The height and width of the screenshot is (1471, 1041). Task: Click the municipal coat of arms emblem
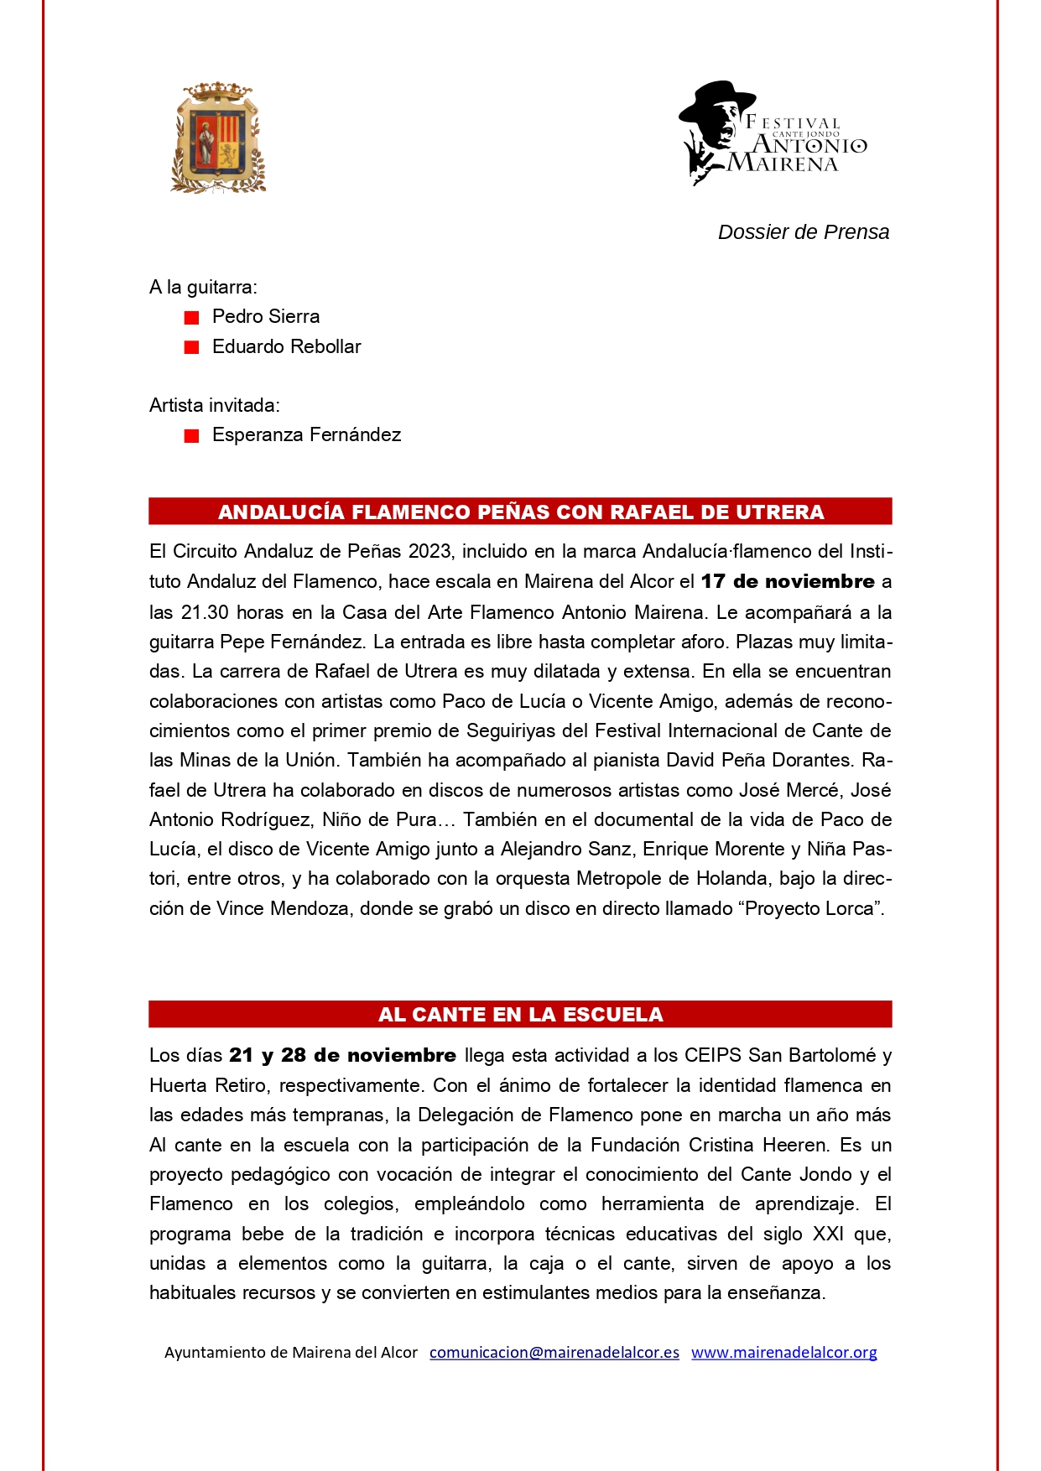tap(218, 138)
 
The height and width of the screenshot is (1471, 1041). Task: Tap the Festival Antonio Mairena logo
tap(772, 134)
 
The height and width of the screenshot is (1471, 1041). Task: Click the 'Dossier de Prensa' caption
tap(803, 232)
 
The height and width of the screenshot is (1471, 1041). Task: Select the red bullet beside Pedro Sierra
tap(192, 318)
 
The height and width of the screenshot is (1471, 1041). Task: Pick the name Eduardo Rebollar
tap(286, 346)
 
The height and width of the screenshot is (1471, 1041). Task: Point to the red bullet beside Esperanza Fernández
tap(192, 436)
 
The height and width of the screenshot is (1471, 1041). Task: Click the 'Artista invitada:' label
tap(214, 405)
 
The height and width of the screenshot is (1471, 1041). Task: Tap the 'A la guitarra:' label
tap(203, 287)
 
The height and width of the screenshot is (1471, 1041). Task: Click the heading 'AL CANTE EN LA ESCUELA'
tap(520, 1015)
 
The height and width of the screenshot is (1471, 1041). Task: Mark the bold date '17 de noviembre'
tap(788, 581)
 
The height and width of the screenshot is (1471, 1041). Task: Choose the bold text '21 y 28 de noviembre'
tap(342, 1055)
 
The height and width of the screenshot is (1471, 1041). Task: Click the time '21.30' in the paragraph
tap(206, 612)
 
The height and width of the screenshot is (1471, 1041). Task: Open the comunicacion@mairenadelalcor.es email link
tap(554, 1352)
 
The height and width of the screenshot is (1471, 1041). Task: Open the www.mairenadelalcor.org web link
tap(783, 1352)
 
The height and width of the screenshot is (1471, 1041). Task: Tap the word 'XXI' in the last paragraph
tap(828, 1234)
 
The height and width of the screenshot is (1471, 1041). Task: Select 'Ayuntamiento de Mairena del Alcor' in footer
tap(290, 1352)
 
